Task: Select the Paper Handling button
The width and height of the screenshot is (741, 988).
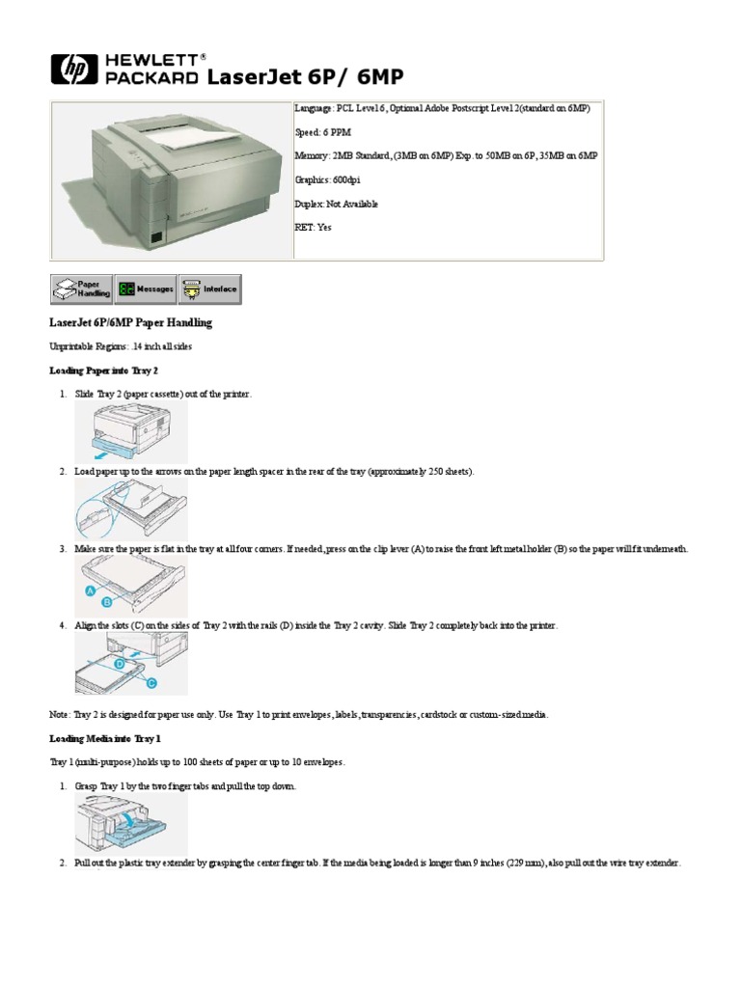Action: pos(81,288)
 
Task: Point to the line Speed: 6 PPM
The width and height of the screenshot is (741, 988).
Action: pos(328,131)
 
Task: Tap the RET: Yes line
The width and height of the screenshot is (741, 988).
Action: pos(313,228)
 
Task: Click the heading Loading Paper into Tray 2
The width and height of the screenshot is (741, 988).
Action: pos(103,370)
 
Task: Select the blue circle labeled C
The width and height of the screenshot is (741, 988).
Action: pos(150,683)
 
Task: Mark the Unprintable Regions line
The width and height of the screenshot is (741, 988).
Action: pos(126,346)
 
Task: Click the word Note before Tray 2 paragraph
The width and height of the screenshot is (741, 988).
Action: pos(59,715)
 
